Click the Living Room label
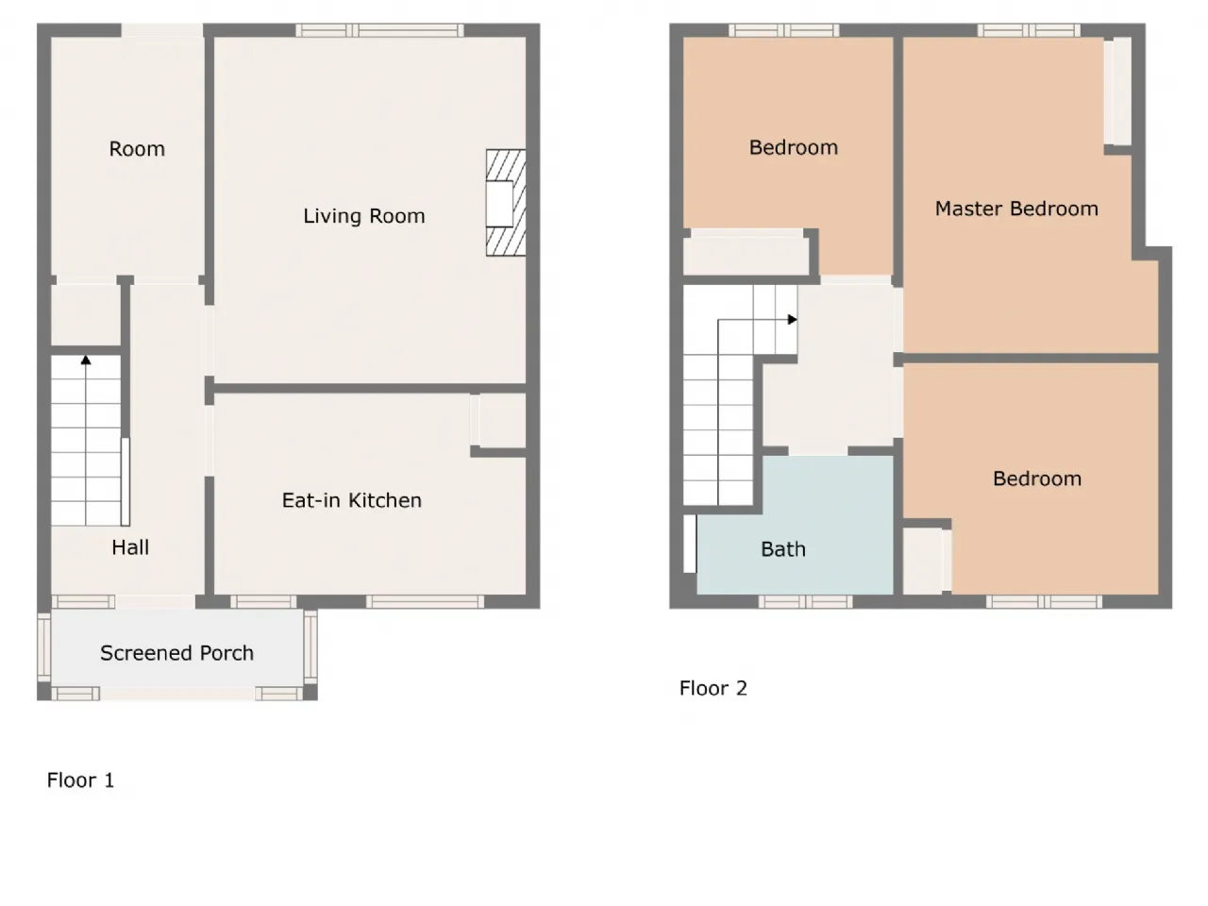coord(363,215)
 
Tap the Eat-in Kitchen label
coord(352,500)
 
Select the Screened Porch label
coord(176,653)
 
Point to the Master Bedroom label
coord(1016,209)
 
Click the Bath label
coord(783,549)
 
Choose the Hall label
coord(130,547)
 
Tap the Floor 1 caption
coord(80,780)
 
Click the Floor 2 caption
coord(713,688)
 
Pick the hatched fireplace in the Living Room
coord(506,202)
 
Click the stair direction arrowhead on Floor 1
coord(86,361)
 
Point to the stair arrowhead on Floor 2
coord(793,320)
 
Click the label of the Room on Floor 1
coord(137,148)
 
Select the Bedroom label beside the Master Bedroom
coord(793,147)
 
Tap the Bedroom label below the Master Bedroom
coord(1037,478)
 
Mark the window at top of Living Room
coord(379,30)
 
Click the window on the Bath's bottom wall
coord(805,602)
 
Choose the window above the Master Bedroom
coord(1029,30)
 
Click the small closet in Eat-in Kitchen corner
coord(502,420)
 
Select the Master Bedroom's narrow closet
coord(1117,91)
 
